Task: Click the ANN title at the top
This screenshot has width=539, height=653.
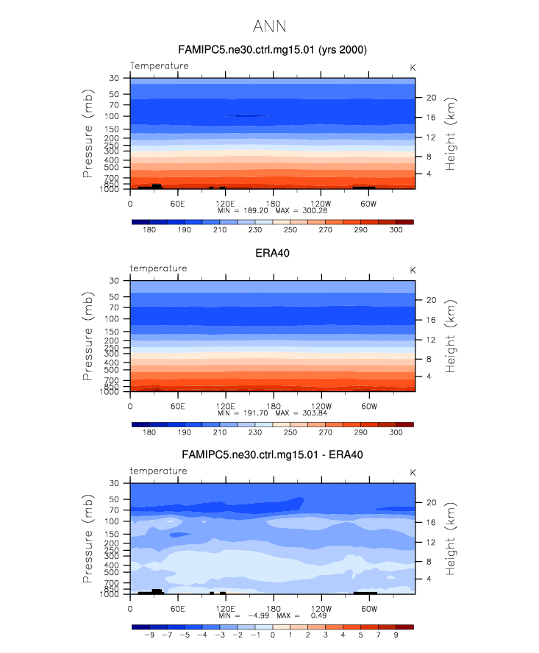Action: pyautogui.click(x=269, y=26)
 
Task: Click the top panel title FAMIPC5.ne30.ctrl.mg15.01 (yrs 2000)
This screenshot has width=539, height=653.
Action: pyautogui.click(x=273, y=50)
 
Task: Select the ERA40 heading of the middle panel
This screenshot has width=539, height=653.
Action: pyautogui.click(x=273, y=253)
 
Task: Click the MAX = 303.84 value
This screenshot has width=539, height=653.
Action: pyautogui.click(x=301, y=413)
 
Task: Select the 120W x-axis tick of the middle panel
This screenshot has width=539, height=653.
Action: pyautogui.click(x=321, y=406)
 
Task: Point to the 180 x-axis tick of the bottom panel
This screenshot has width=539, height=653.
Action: pyautogui.click(x=273, y=608)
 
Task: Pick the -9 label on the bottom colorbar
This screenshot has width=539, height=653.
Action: pyautogui.click(x=149, y=635)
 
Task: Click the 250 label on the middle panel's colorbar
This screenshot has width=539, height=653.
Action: pyautogui.click(x=290, y=432)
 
